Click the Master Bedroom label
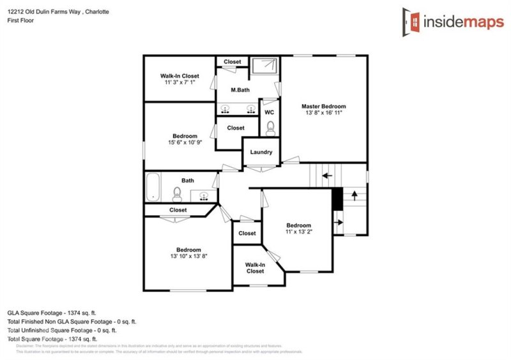324,106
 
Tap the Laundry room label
261,152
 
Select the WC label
269,112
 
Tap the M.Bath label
240,90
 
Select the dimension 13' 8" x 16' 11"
324,113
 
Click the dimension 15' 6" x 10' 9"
185,142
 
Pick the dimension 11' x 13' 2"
298,232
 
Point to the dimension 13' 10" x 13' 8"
189,256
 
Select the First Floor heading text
21,20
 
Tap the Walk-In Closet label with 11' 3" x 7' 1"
179,79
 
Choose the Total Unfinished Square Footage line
62,331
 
